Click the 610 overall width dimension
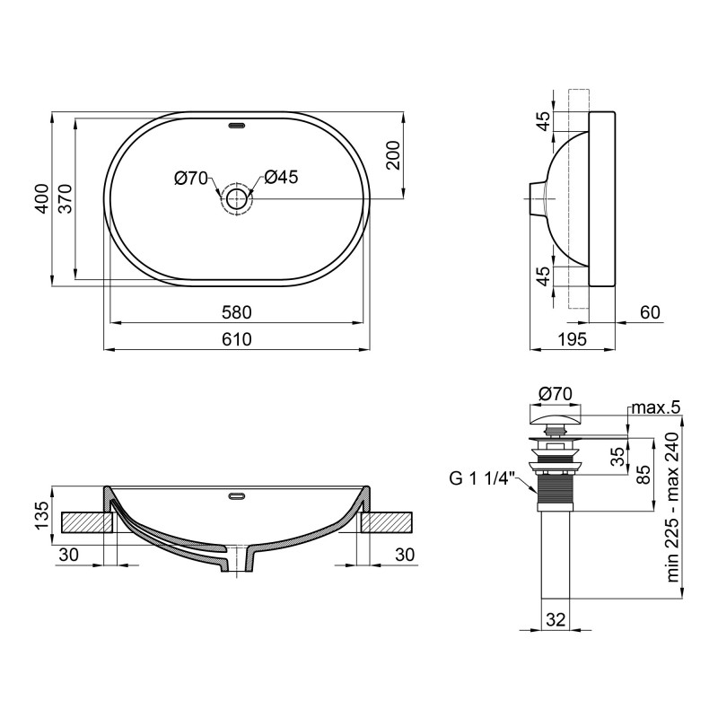tap(237, 338)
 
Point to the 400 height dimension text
tap(40, 199)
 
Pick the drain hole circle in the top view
tap(237, 198)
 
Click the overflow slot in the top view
tap(237, 126)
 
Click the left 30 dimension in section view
tap(68, 555)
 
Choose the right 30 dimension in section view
tap(405, 555)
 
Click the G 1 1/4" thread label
tap(478, 477)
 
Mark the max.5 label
tap(655, 408)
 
